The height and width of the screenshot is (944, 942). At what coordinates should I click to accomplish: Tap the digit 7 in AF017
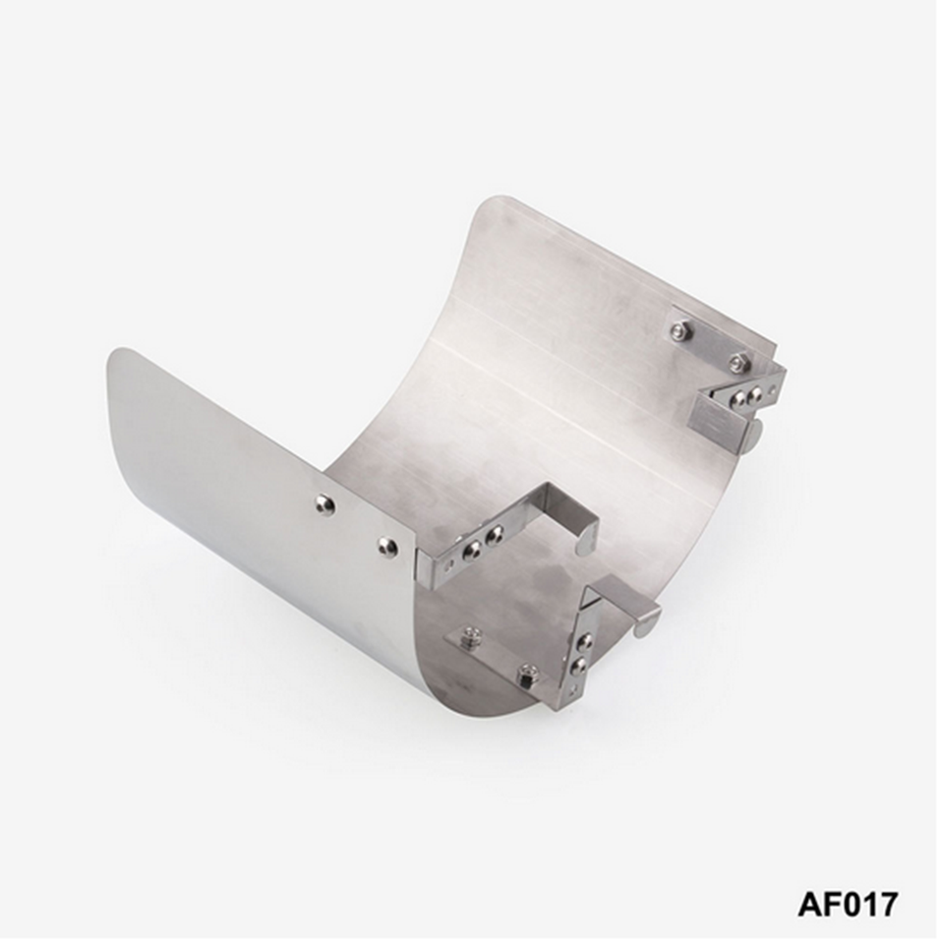click(887, 904)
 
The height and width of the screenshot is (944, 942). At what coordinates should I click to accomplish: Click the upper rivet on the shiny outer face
click(325, 502)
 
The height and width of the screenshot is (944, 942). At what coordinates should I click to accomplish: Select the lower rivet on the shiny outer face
click(384, 546)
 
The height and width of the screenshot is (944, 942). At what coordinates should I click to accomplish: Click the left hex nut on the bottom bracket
click(467, 634)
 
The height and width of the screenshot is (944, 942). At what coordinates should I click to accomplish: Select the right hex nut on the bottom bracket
click(528, 673)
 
